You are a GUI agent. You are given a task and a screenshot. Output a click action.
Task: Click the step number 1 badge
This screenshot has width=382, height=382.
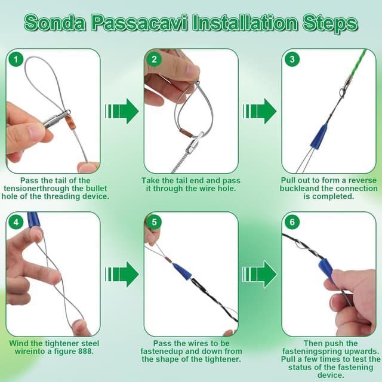click(16, 60)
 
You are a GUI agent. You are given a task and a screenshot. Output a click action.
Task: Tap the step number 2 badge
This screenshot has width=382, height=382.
click(154, 60)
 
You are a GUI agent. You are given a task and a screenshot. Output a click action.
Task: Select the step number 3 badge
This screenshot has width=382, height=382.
click(292, 60)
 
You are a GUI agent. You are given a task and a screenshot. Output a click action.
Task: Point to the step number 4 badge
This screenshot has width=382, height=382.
click(16, 222)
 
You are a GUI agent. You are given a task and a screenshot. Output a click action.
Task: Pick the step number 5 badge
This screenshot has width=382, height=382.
click(154, 222)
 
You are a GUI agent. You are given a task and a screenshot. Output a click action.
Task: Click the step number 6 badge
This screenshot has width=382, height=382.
click(292, 222)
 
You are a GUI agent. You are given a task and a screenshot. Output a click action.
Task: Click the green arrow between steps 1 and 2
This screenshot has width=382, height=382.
click(122, 112)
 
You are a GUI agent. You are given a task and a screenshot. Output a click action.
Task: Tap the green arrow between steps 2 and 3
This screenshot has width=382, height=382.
click(260, 112)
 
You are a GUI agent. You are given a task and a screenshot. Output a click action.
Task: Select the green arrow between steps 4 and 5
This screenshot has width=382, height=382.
click(122, 275)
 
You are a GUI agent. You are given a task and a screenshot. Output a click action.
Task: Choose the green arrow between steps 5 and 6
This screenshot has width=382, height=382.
click(260, 275)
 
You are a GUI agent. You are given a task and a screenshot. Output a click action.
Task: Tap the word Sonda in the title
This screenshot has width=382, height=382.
click(55, 23)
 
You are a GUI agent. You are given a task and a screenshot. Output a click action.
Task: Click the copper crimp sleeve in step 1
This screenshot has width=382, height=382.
click(69, 121)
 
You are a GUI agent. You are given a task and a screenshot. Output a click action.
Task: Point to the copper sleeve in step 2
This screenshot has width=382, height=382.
click(186, 133)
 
